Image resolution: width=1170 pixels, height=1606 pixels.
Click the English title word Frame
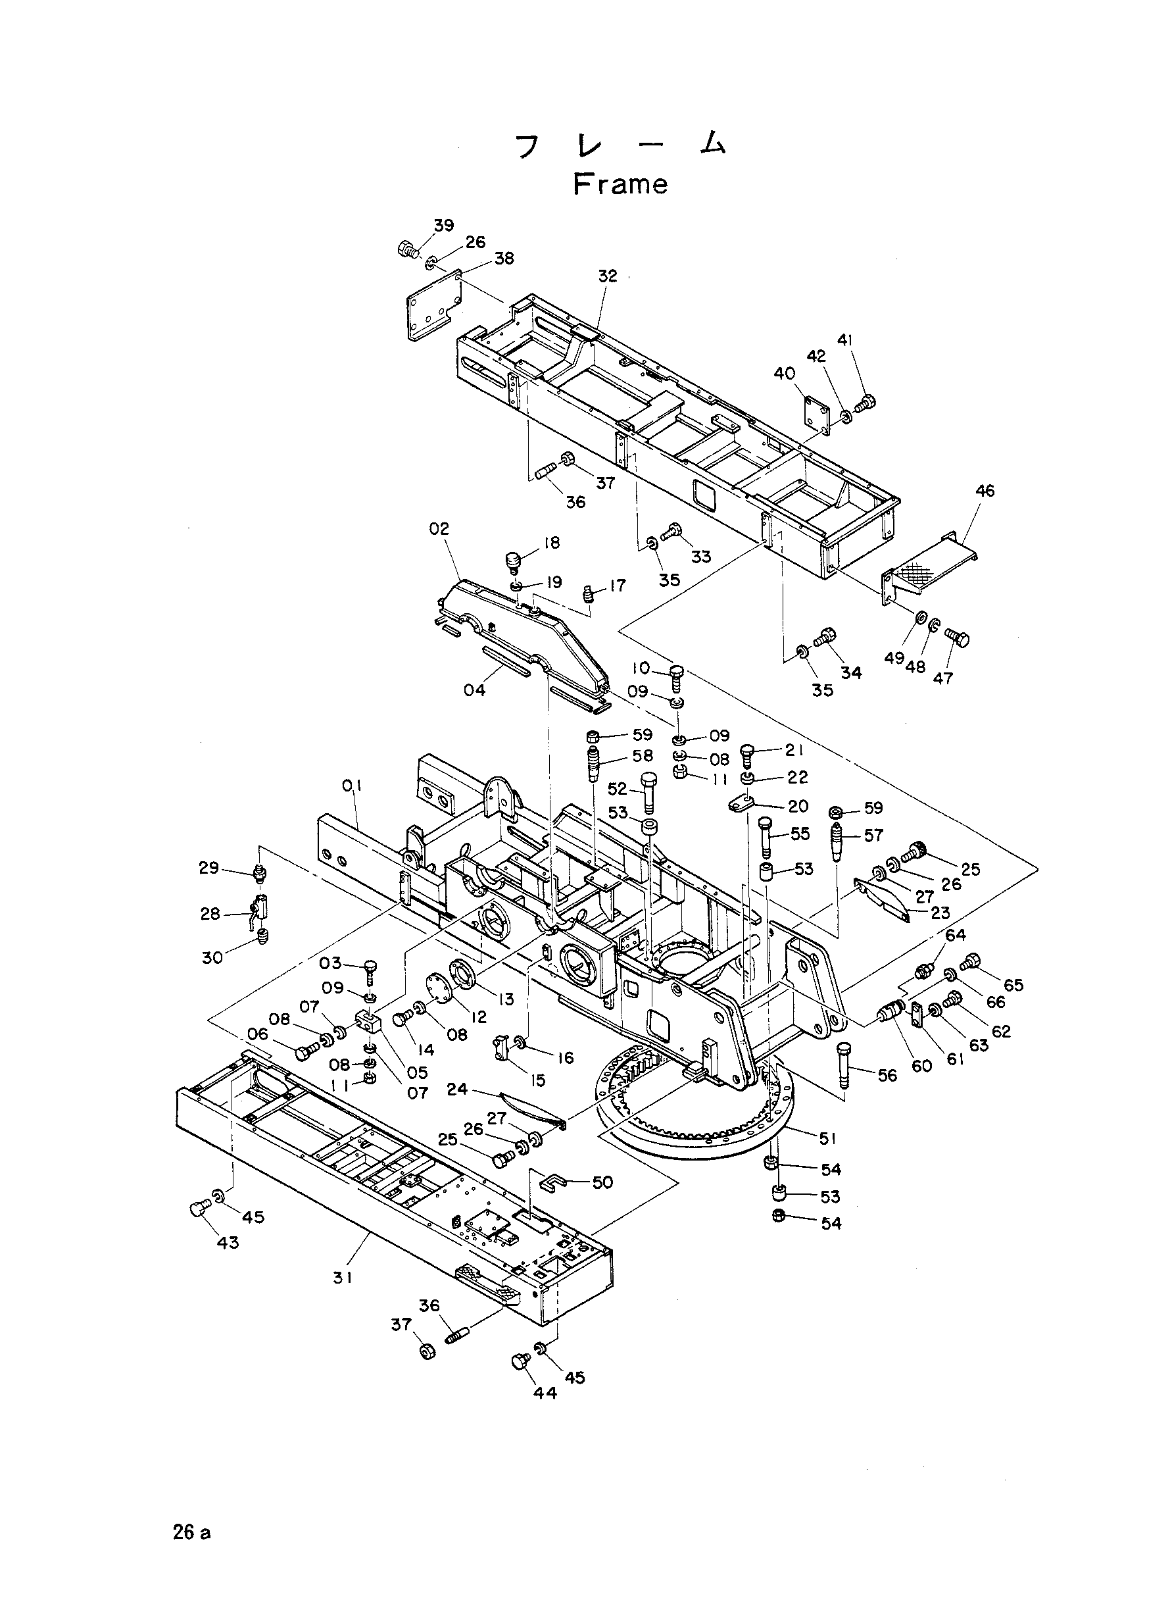click(620, 184)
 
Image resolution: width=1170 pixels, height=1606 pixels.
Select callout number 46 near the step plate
click(985, 490)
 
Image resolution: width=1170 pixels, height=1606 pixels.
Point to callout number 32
click(608, 276)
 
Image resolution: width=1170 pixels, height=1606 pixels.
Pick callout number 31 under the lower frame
click(343, 1277)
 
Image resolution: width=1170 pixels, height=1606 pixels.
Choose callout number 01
click(352, 786)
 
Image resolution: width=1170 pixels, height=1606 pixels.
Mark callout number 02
click(439, 528)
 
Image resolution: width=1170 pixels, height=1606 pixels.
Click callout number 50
click(602, 1182)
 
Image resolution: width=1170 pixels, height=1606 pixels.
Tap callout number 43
click(228, 1243)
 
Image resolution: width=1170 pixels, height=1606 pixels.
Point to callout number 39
click(444, 225)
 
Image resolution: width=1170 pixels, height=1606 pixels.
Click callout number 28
click(210, 914)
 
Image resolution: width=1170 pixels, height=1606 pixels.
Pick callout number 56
click(887, 1076)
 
